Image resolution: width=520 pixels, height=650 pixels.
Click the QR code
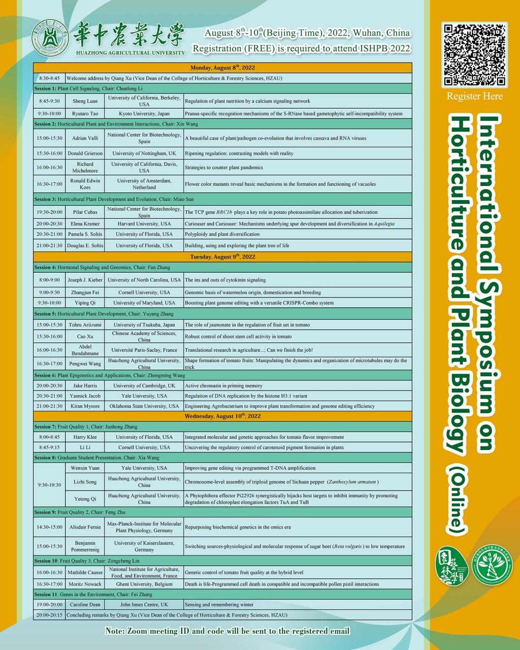tap(474, 54)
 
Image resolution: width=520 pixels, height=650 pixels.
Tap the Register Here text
tap(475, 96)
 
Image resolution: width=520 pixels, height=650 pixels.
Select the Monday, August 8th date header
tap(222, 68)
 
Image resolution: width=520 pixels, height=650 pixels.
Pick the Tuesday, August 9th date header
tap(222, 257)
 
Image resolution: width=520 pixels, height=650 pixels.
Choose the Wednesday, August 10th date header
tap(222, 416)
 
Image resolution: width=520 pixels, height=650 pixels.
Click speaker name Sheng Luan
tap(85, 101)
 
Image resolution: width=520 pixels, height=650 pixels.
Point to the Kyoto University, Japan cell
tap(144, 114)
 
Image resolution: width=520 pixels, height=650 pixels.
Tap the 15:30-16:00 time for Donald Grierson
tap(49, 153)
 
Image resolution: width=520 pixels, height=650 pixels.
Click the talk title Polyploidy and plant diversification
tap(222, 234)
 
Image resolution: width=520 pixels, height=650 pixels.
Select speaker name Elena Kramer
tap(85, 224)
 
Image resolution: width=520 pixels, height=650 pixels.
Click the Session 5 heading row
tap(222, 314)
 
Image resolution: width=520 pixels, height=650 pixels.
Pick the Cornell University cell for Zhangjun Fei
tap(144, 292)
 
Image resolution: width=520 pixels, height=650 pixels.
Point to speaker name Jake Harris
tap(85, 386)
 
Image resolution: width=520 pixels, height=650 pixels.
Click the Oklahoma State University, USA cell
tap(144, 406)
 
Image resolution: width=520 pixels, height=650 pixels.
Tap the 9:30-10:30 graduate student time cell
tap(49, 484)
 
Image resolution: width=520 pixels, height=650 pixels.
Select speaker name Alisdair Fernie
tap(85, 527)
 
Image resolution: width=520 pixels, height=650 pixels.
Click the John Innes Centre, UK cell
tap(144, 605)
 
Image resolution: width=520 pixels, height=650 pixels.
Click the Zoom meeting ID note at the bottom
tap(227, 631)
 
